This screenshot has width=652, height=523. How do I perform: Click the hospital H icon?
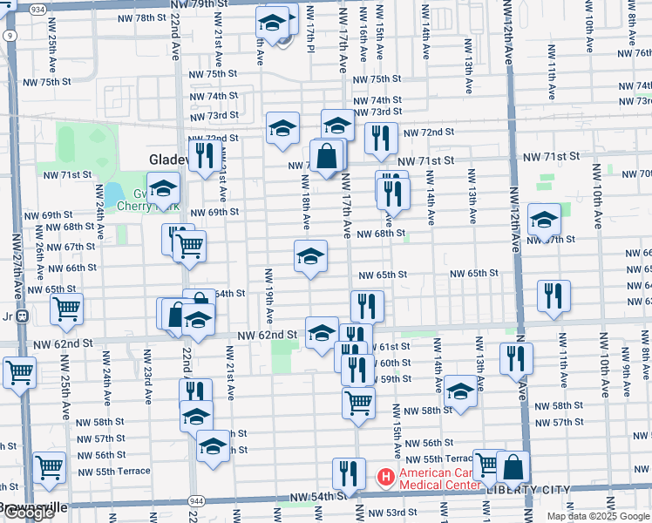383,478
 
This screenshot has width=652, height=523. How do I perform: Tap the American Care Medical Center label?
436,479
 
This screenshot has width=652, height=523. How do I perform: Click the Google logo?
29,513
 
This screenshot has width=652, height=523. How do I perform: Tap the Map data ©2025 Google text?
598,516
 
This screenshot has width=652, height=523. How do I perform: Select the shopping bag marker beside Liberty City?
513,469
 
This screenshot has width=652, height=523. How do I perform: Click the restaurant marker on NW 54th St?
349,475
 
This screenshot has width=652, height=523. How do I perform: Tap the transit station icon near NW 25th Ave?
24,316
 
